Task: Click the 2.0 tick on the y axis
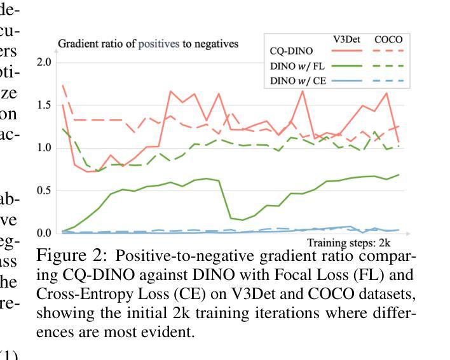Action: pos(44,62)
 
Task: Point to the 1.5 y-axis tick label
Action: pos(44,105)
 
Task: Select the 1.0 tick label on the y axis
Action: pos(44,148)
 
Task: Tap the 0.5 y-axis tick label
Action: pos(44,190)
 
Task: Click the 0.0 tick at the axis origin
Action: pos(44,233)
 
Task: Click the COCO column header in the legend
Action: pos(388,39)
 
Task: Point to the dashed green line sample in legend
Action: pos(388,65)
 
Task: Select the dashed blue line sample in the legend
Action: pos(388,81)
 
